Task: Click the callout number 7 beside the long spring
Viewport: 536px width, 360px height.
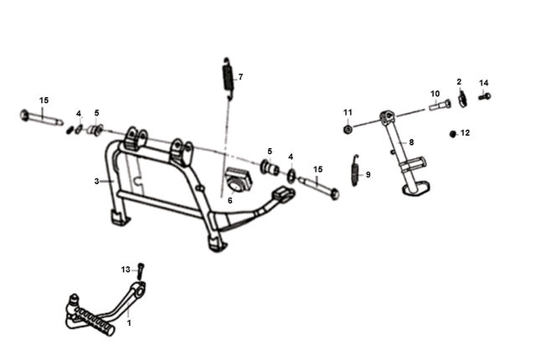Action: (240, 77)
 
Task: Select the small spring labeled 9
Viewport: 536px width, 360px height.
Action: (356, 171)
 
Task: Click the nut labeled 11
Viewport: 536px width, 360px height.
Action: (348, 130)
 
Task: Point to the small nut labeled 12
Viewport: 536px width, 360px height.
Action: (453, 134)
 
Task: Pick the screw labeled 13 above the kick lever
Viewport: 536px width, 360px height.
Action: (141, 271)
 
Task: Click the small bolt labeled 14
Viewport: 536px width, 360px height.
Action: (485, 96)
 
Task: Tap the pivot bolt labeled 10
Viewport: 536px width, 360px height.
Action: (440, 104)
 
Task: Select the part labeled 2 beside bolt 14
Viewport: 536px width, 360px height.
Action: (462, 98)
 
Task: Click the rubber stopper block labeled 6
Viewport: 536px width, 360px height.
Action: (239, 180)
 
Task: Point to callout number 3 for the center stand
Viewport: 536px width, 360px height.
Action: (97, 182)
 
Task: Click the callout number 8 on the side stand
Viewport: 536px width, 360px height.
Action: (411, 142)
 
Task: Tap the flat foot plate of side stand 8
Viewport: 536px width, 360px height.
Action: (416, 189)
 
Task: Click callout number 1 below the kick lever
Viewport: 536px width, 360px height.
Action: (129, 323)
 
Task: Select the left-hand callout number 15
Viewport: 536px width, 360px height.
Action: (44, 100)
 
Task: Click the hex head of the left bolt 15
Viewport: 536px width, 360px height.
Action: (24, 115)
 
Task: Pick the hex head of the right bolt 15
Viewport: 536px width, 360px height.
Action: (335, 194)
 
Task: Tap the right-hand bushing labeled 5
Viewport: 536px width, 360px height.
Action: (270, 167)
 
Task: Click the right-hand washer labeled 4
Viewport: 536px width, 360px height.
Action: (291, 174)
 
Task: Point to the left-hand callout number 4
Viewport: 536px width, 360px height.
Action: (79, 114)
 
